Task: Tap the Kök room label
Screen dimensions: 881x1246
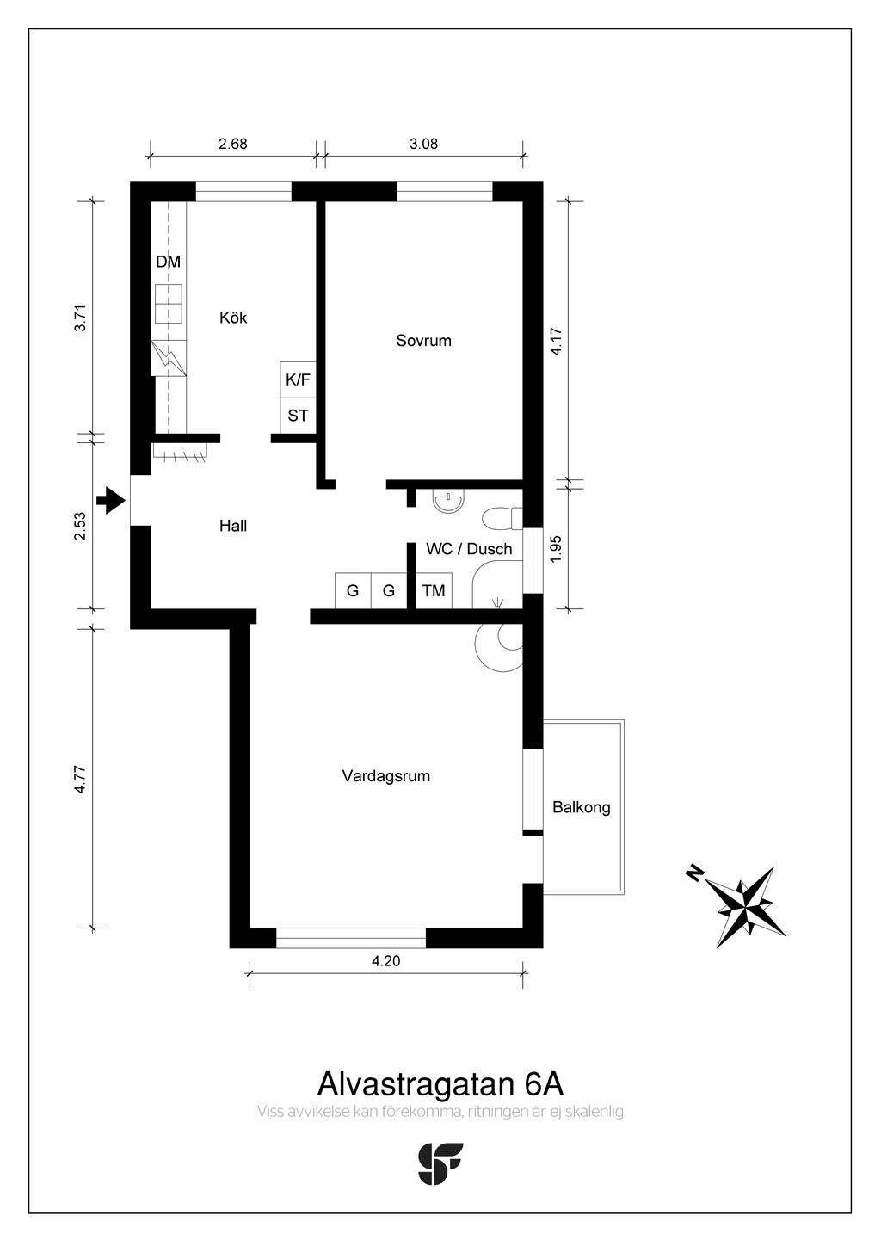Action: pyautogui.click(x=233, y=318)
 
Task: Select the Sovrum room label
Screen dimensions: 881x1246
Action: pyautogui.click(x=423, y=341)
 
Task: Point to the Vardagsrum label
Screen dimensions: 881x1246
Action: pyautogui.click(x=386, y=776)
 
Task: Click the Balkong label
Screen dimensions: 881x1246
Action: pyautogui.click(x=582, y=807)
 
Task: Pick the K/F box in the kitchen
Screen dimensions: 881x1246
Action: pyautogui.click(x=298, y=380)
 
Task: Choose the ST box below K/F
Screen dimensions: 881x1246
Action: pyautogui.click(x=298, y=416)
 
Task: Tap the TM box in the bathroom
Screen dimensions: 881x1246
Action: pyautogui.click(x=434, y=590)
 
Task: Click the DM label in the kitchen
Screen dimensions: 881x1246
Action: pyautogui.click(x=168, y=262)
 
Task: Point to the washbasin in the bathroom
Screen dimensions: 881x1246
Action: pyautogui.click(x=448, y=501)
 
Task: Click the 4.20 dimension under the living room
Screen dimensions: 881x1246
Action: pyautogui.click(x=386, y=960)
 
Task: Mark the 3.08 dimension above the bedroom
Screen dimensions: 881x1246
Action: pyautogui.click(x=424, y=144)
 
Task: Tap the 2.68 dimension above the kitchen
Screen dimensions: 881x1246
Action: pyautogui.click(x=233, y=144)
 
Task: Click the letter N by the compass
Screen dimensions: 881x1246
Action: pyautogui.click(x=694, y=873)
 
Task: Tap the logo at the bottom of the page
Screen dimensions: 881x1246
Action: pyautogui.click(x=440, y=1163)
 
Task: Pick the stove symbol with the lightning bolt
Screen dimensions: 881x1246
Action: pyautogui.click(x=168, y=358)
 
